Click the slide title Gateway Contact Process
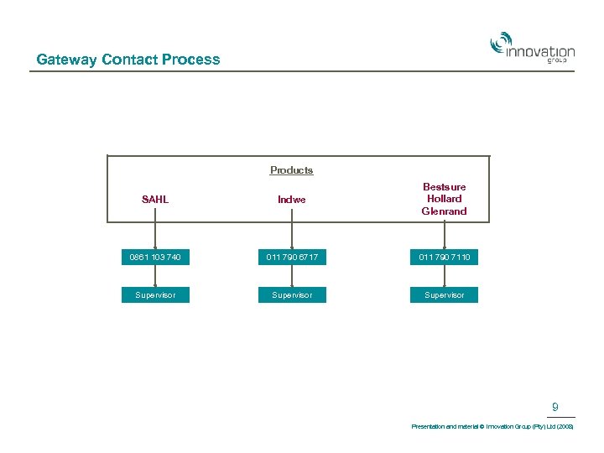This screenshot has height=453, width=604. coord(128,60)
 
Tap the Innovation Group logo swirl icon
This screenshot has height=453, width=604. coord(501,42)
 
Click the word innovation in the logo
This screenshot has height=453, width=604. coord(541,52)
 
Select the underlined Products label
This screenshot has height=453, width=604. coord(291,170)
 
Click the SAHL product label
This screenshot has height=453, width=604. coord(155,200)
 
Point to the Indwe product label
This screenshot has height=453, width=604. coord(291,200)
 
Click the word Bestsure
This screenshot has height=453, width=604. coord(444,187)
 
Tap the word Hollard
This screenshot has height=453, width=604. coord(444,199)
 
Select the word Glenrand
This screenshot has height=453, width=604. coord(444,211)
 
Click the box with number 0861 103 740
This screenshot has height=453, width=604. coord(155,258)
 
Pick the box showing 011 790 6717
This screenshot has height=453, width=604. coord(291,258)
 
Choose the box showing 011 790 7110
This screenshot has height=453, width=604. coord(444,258)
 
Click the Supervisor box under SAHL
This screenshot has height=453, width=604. coord(155,295)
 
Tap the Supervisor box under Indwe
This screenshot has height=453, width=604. coord(291,295)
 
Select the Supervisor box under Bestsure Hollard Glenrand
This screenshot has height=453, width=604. coord(444,295)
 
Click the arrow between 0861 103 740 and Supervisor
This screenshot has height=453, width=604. coord(155,277)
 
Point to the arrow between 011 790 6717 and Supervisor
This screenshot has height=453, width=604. coord(291,277)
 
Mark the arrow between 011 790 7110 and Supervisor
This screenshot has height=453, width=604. coord(444,277)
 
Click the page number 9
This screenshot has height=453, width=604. coord(555,408)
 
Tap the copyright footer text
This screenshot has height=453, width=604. coord(492,427)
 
